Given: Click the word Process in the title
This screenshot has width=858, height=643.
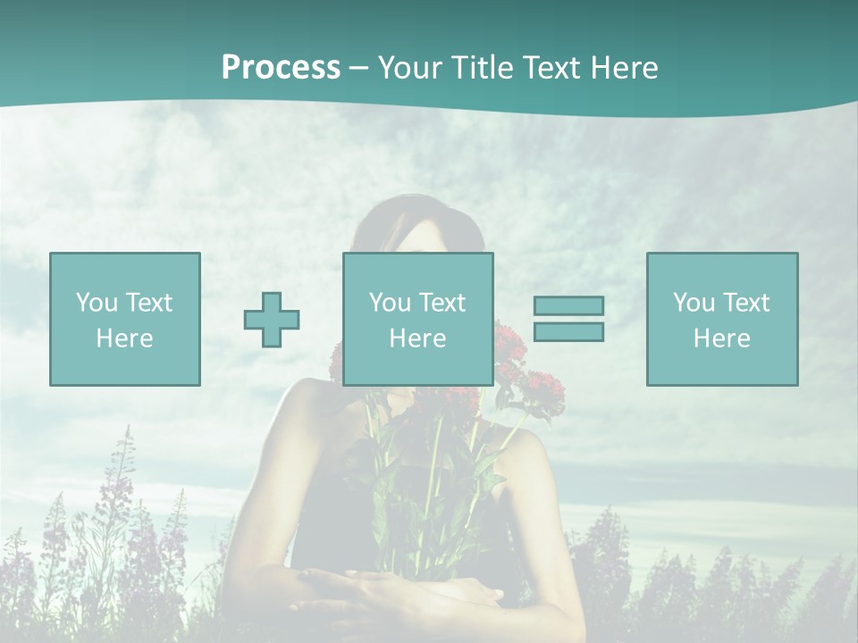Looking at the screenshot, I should [x=281, y=68].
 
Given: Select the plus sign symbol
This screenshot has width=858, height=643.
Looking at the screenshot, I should [x=272, y=320].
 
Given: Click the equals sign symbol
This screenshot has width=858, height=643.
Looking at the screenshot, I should [x=568, y=319].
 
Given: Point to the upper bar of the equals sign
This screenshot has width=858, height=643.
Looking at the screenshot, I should [x=568, y=306].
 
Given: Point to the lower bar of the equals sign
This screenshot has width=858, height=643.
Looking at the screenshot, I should [x=568, y=332].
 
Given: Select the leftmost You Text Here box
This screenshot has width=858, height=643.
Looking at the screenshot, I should [x=125, y=319].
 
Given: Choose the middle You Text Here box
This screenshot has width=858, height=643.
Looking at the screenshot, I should [x=418, y=319].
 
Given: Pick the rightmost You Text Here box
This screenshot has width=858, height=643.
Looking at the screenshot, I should [x=722, y=319].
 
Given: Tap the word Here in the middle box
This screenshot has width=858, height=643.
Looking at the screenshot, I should [x=418, y=338].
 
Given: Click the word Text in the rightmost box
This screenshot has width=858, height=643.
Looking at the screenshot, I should [x=744, y=302].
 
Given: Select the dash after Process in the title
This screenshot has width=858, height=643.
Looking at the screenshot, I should [x=359, y=68].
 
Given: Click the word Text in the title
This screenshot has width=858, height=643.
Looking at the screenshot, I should [x=552, y=68].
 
